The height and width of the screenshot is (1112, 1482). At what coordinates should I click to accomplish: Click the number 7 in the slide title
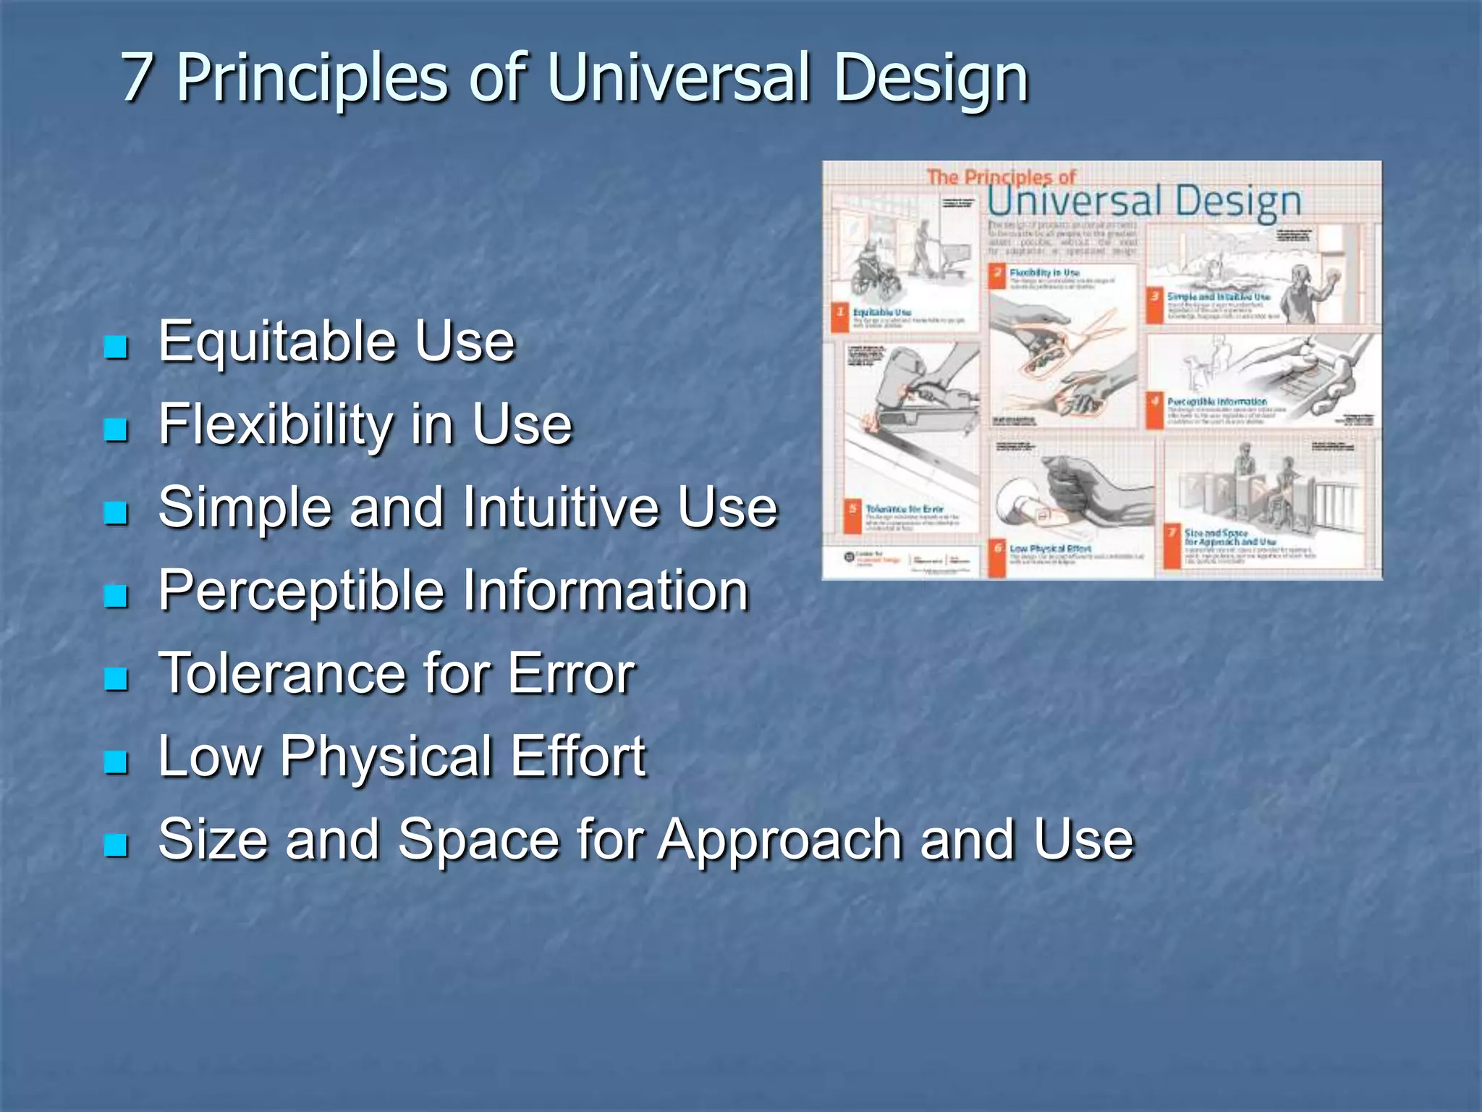(137, 77)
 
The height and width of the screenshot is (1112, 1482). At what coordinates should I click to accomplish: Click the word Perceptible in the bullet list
(301, 591)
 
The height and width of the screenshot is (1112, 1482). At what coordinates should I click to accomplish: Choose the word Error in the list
(571, 673)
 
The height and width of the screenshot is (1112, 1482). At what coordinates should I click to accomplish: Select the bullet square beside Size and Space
(116, 844)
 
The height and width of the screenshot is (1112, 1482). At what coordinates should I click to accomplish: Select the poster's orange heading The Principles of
(1001, 177)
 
